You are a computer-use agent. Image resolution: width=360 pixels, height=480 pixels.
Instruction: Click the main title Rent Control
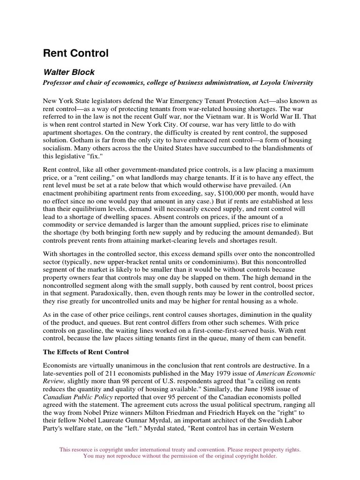click(x=75, y=53)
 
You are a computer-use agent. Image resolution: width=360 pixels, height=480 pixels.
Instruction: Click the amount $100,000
click(x=219, y=193)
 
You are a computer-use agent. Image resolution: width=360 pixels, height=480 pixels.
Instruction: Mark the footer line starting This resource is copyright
click(x=180, y=450)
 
